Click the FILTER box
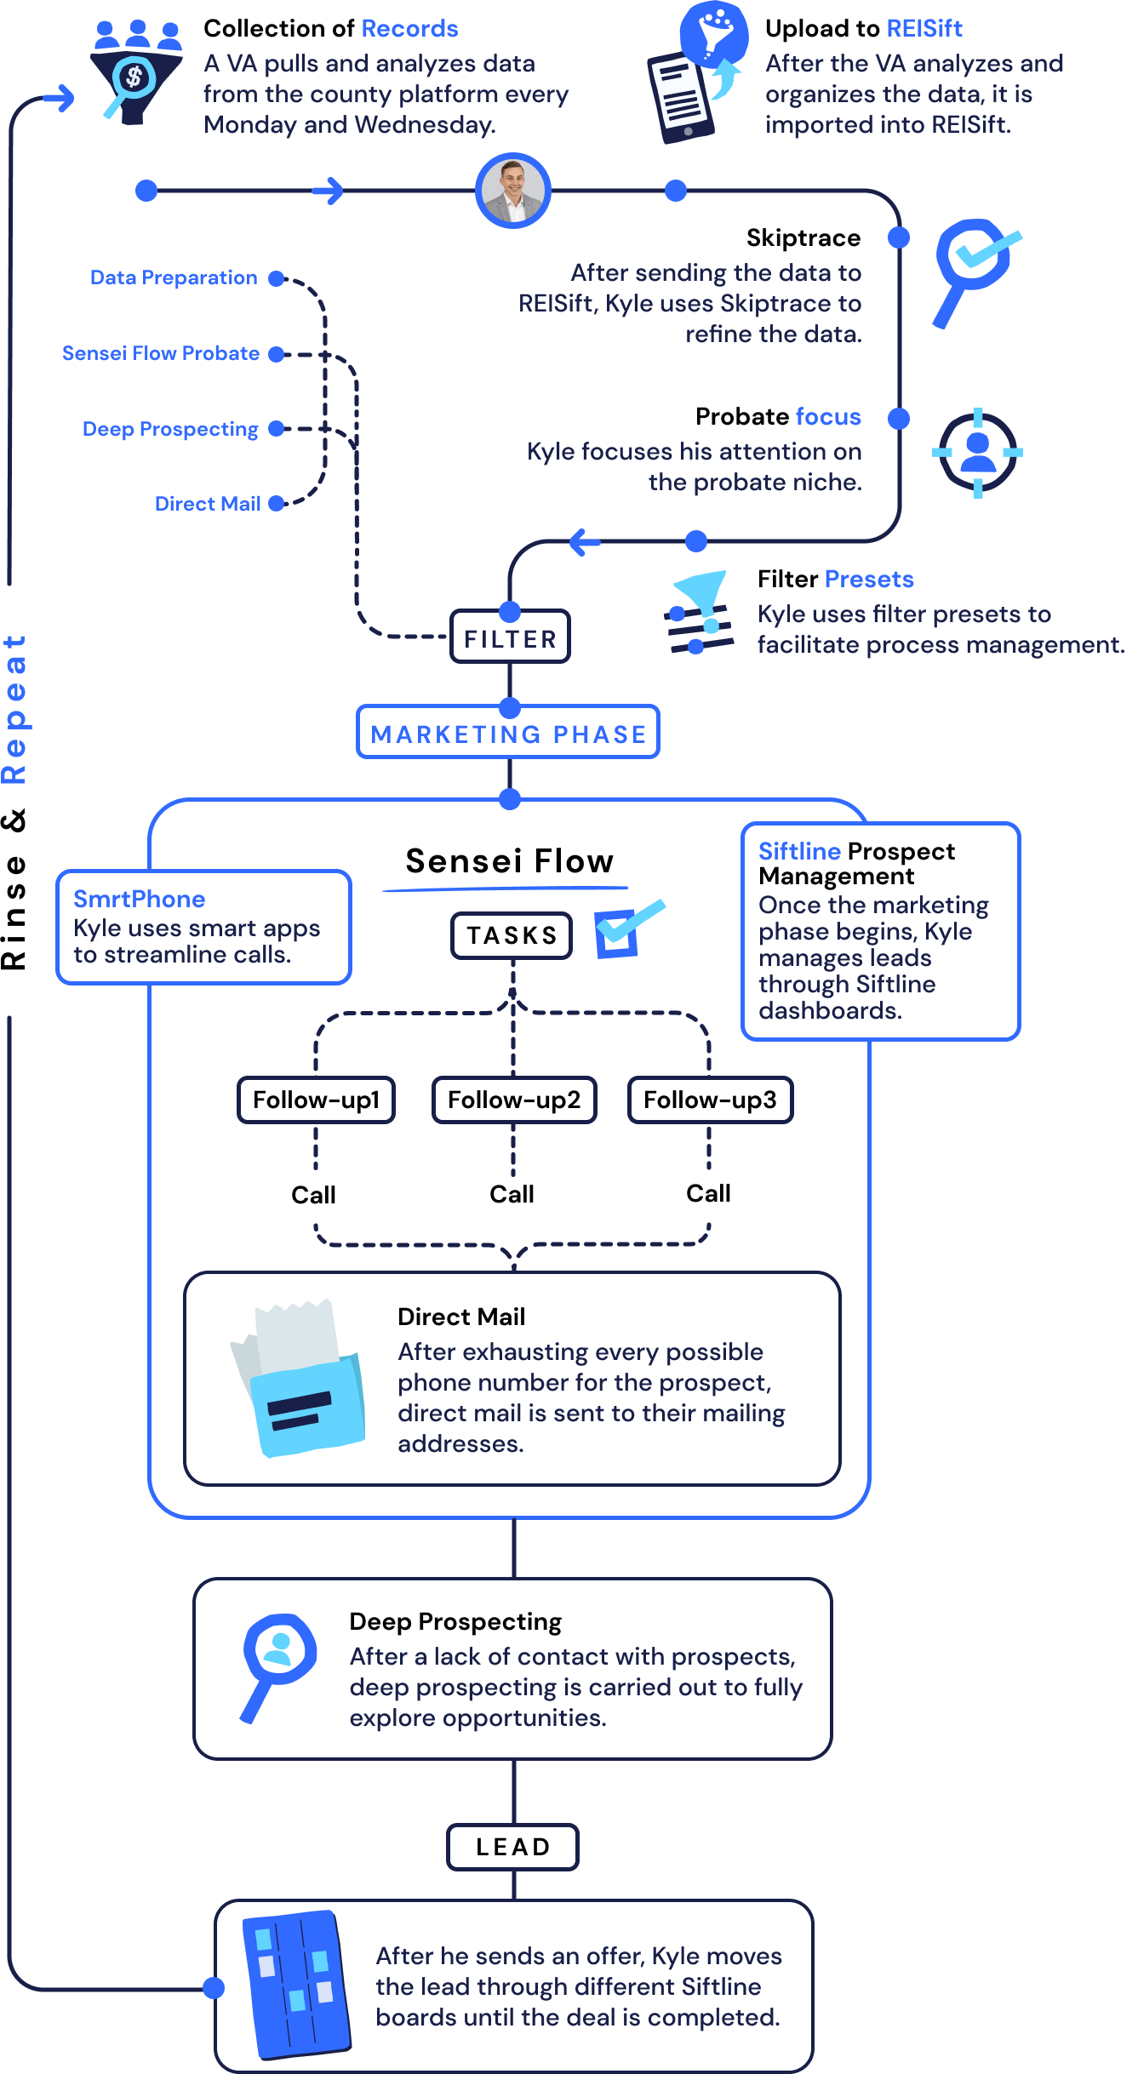510,638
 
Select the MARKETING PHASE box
508,733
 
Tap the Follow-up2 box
514,1100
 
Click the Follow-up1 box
316,1100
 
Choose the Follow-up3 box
710,1100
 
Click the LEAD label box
512,1847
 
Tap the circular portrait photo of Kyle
512,191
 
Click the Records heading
409,28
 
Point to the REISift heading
924,28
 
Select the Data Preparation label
174,277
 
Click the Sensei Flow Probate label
161,353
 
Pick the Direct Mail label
208,504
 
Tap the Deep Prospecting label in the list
170,429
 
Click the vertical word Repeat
14,708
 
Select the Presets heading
869,579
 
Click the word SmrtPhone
139,899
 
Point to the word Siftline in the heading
799,851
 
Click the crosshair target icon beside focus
977,452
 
